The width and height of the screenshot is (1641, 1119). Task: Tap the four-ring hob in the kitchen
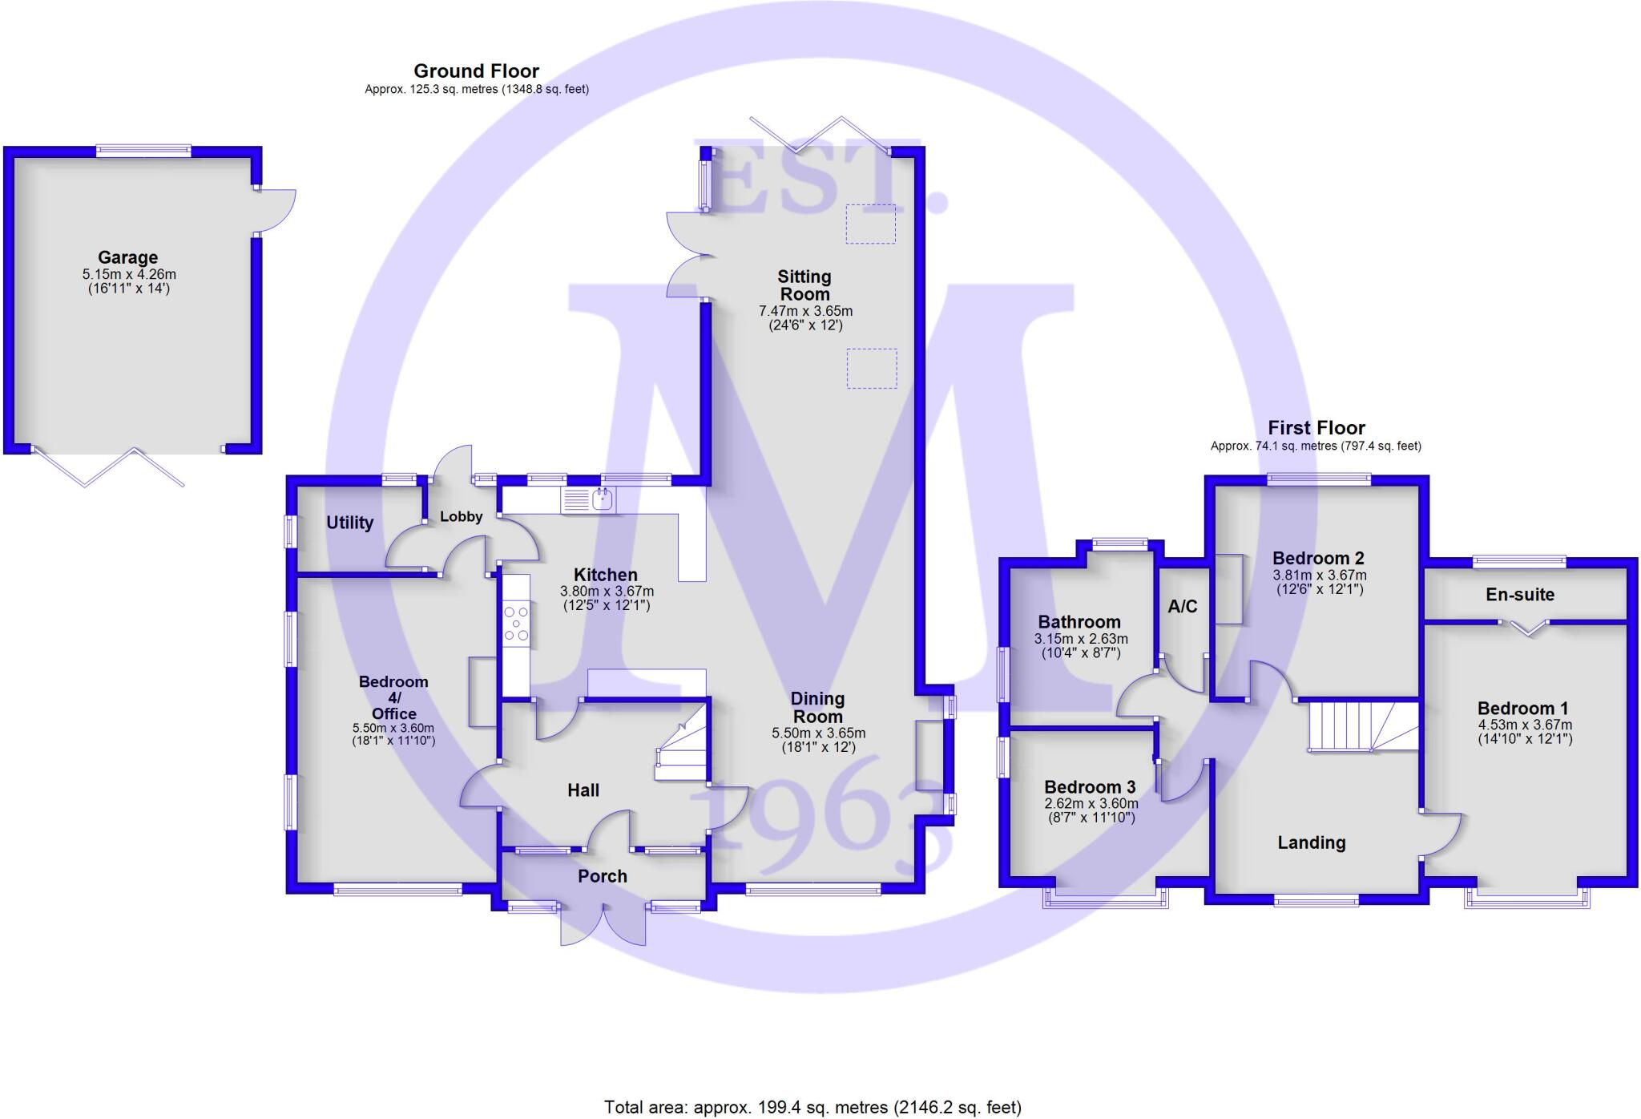[x=516, y=624]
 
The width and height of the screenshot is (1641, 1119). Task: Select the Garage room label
[x=127, y=257]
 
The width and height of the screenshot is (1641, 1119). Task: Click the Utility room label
[x=349, y=523]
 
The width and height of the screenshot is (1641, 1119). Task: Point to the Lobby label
[x=461, y=517]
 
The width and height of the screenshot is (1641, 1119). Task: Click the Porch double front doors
[x=603, y=923]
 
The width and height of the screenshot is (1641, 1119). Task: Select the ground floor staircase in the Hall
[x=681, y=742]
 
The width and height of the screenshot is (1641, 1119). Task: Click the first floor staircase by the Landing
[x=1362, y=726]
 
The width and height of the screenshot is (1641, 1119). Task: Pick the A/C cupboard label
[x=1182, y=606]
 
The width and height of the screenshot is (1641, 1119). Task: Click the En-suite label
[x=1519, y=595]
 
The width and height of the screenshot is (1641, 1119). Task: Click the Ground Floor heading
[x=476, y=71]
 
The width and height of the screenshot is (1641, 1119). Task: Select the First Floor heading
[x=1316, y=427]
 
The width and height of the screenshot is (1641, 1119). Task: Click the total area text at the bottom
[x=812, y=1107]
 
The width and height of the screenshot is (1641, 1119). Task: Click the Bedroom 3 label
[x=1089, y=786]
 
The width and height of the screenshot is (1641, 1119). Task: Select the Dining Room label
[x=817, y=708]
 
